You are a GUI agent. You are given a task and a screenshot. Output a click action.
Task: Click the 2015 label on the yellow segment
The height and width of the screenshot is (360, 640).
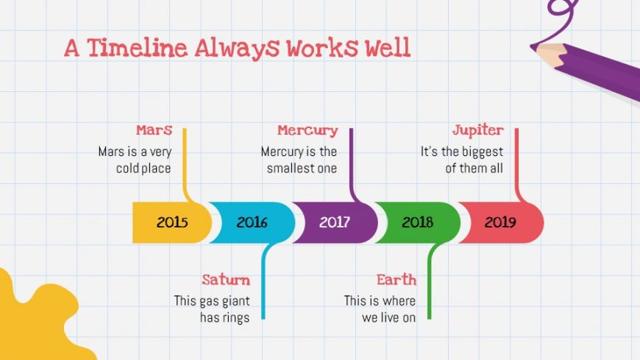172,222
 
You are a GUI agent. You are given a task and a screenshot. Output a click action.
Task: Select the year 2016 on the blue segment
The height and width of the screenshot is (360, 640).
252,222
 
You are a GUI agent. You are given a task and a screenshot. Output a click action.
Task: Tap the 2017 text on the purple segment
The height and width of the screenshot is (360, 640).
335,222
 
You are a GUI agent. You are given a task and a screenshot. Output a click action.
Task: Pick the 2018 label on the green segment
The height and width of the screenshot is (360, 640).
418,222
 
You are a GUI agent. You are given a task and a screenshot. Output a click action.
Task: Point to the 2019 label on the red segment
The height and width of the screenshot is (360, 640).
500,222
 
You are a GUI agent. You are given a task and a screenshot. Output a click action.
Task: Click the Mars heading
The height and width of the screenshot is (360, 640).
154,130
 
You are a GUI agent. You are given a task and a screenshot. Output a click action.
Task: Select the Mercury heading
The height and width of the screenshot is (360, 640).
307,131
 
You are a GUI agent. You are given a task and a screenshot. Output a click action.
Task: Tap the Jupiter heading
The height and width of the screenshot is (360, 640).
478,131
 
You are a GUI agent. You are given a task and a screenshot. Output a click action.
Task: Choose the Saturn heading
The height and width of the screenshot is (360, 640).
226,280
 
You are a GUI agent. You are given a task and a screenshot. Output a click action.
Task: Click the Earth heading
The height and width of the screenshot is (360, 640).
397,280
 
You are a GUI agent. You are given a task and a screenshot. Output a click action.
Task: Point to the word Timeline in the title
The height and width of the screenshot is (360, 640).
137,48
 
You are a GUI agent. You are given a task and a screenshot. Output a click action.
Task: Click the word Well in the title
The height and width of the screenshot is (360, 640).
388,47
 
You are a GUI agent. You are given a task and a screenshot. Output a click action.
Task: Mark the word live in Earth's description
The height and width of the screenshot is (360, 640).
389,317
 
